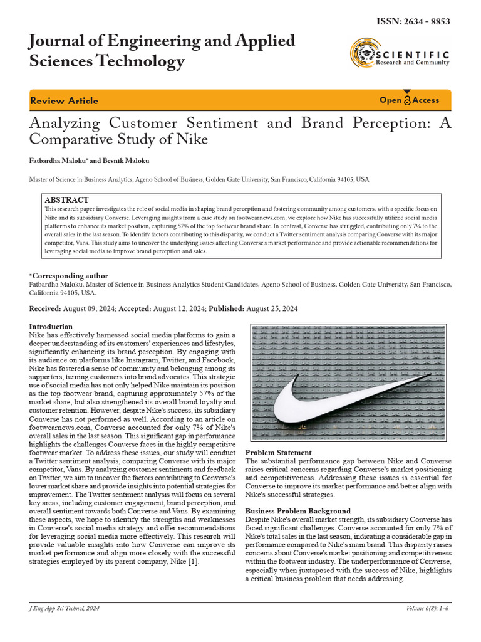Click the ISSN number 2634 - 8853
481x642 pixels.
413,22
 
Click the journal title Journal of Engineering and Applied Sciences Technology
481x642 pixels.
162,51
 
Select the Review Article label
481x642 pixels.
64,100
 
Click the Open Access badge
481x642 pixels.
410,100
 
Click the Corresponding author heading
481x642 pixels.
69,276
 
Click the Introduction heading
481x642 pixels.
51,327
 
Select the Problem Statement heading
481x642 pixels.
278,453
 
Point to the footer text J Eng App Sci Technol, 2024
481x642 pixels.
65,609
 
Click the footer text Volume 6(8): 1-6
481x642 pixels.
428,609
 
